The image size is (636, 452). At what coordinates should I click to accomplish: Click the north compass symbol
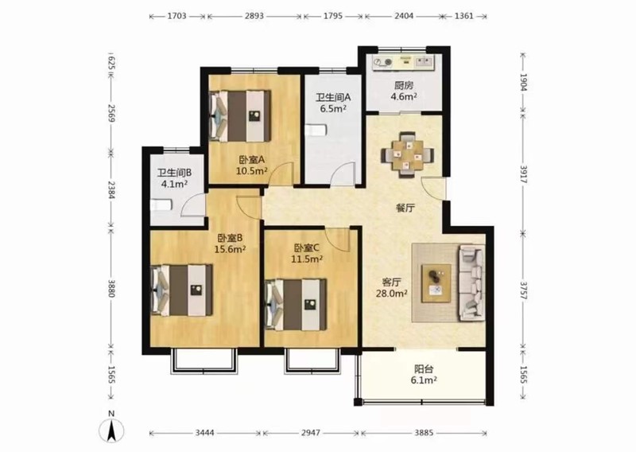click(x=111, y=430)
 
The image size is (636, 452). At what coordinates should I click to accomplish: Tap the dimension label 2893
click(x=254, y=16)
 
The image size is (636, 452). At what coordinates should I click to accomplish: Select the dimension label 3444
click(x=205, y=433)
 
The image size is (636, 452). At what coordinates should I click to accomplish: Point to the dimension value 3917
click(x=523, y=174)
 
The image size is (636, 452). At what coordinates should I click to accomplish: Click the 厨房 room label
click(x=404, y=86)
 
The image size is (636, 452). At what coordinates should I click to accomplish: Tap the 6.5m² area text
click(x=333, y=108)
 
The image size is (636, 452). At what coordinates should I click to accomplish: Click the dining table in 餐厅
click(x=407, y=154)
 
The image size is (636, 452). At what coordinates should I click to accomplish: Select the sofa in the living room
click(x=471, y=282)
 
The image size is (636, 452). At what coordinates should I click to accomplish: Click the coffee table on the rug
click(x=436, y=283)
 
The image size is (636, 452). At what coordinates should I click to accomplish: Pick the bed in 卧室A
click(x=240, y=115)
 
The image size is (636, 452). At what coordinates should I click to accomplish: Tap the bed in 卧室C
click(x=296, y=304)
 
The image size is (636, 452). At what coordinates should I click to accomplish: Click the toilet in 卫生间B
click(x=162, y=205)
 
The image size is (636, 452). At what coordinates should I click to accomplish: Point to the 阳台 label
click(x=424, y=369)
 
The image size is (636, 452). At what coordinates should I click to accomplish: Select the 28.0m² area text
click(x=391, y=293)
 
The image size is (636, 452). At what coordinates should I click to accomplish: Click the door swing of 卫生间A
click(x=343, y=173)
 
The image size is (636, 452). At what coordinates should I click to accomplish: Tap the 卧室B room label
click(x=230, y=238)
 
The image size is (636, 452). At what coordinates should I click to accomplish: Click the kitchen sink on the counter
click(x=424, y=61)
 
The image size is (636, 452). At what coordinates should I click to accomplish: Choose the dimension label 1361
click(x=464, y=16)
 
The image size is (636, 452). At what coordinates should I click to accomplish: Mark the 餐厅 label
click(x=405, y=208)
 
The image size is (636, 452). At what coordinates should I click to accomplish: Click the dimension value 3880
click(x=111, y=287)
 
